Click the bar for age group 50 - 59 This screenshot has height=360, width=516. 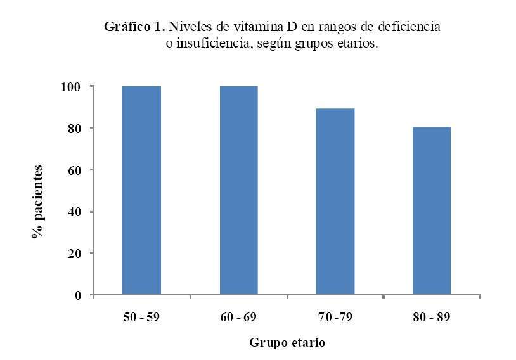point(141,190)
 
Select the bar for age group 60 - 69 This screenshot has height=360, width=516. point(238,190)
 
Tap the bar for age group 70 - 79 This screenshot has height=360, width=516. point(335,202)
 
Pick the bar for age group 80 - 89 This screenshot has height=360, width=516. point(432,211)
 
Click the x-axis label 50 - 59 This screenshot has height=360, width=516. point(141,316)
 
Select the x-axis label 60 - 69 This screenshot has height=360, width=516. point(238,316)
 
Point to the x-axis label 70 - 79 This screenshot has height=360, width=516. point(335,316)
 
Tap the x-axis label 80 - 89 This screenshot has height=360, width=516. point(432,316)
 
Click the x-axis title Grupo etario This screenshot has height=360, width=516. point(287,343)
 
